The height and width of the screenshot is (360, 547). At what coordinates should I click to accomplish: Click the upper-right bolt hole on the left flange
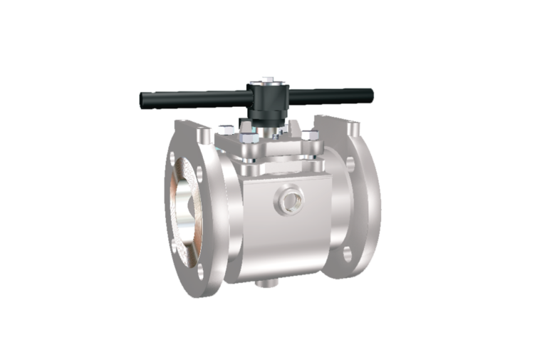point(205,137)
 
